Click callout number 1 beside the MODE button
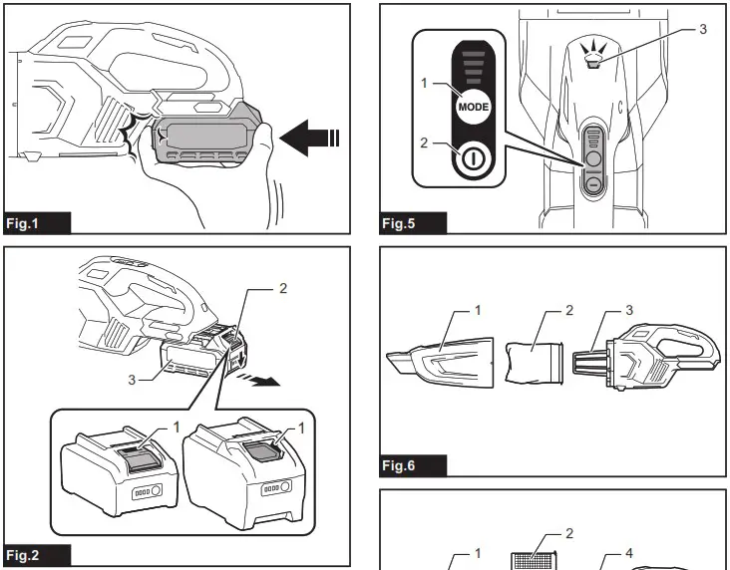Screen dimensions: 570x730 tap(424, 84)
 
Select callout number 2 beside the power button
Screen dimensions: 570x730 tap(424, 143)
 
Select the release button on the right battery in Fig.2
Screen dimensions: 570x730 tap(267, 451)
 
